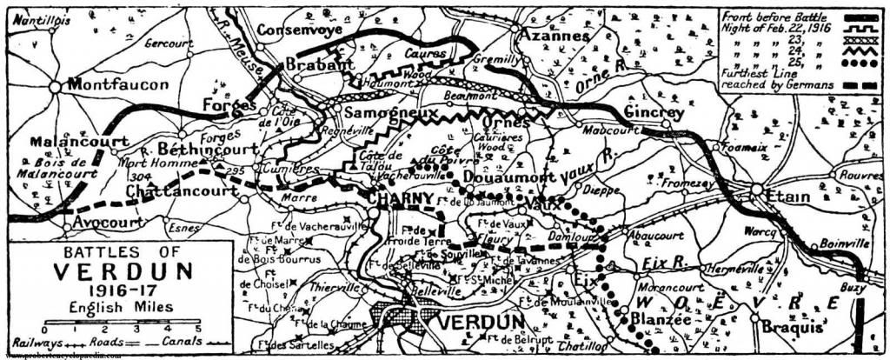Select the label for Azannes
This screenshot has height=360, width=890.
pos(553,37)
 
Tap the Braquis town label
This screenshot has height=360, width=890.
pos(790,329)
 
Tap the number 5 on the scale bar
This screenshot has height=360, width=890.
pos(199,328)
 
